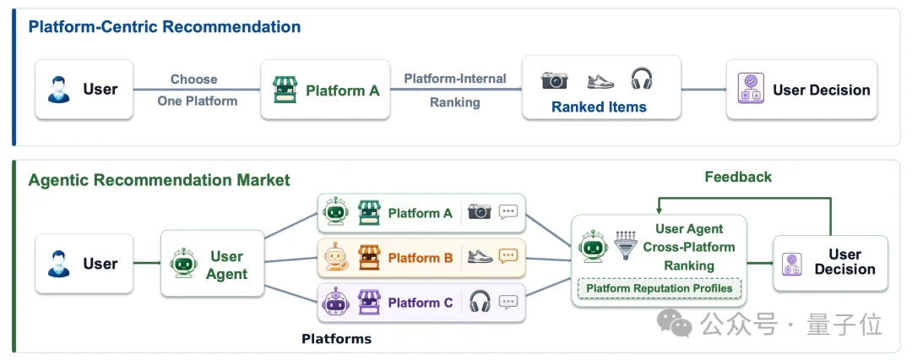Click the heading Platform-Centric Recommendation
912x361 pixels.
pyautogui.click(x=165, y=27)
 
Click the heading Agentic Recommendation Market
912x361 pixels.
pyautogui.click(x=159, y=180)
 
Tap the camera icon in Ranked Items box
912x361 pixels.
pyautogui.click(x=554, y=80)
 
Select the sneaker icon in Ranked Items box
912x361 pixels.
pyautogui.click(x=600, y=81)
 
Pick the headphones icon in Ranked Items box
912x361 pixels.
pyautogui.click(x=642, y=79)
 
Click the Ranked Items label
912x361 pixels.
pyautogui.click(x=599, y=107)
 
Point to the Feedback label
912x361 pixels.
pyautogui.click(x=738, y=177)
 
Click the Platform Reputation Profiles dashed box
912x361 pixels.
pyautogui.click(x=659, y=288)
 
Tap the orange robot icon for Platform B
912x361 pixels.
pyautogui.click(x=336, y=256)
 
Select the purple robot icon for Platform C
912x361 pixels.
pyautogui.click(x=336, y=302)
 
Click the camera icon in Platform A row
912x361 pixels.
pyautogui.click(x=480, y=211)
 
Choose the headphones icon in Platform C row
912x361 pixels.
pyautogui.click(x=480, y=302)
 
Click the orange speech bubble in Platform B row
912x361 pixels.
pyautogui.click(x=508, y=256)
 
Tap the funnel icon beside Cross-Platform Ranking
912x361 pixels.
pyautogui.click(x=625, y=244)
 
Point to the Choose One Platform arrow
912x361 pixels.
pyautogui.click(x=197, y=90)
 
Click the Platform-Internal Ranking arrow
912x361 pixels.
pyautogui.click(x=456, y=90)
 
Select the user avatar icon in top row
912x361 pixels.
pyautogui.click(x=59, y=90)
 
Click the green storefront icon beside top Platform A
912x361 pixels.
pyautogui.click(x=285, y=90)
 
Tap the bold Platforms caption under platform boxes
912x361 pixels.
pyautogui.click(x=336, y=339)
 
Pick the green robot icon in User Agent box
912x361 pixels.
pyautogui.click(x=184, y=264)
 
